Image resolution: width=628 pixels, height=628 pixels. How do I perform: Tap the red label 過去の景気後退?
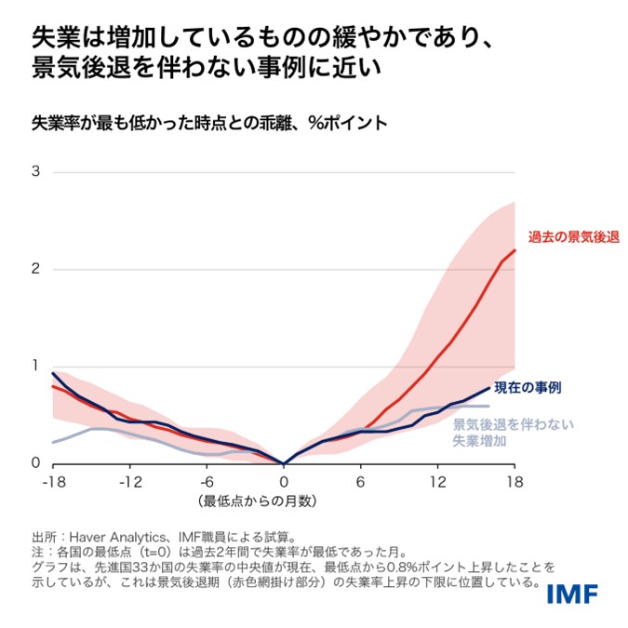tap(568, 237)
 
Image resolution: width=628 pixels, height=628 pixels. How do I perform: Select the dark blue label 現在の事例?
tap(527, 386)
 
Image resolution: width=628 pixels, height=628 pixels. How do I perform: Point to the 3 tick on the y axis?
tap(36, 172)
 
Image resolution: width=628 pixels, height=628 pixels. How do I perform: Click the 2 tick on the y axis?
tap(36, 269)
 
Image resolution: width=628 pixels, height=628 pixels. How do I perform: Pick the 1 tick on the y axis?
tap(36, 366)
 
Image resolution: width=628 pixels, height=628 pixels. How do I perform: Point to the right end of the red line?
tap(514, 249)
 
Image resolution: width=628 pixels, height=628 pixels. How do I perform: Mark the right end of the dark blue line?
tap(489, 388)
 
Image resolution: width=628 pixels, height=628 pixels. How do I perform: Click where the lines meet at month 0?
tap(284, 462)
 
